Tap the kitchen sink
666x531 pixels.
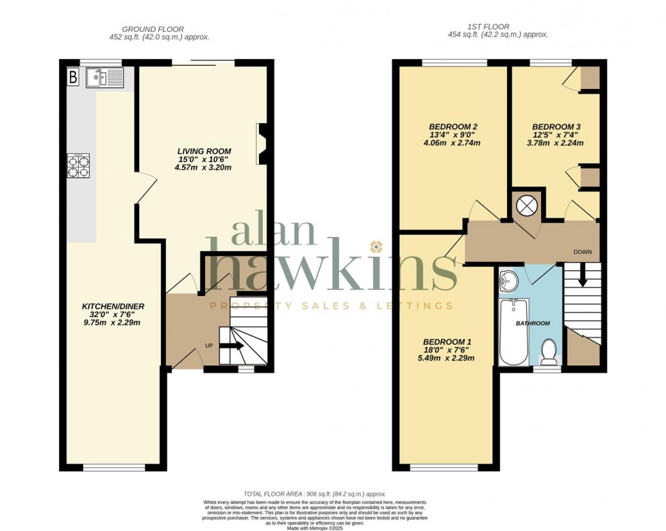pos(104,78)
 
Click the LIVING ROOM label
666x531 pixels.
pos(204,151)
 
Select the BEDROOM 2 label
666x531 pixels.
pos(453,126)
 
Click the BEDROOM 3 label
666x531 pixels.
pos(556,126)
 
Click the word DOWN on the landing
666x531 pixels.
pos(582,252)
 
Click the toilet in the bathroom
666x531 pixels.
pos(548,352)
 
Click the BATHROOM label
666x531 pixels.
pos(533,323)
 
